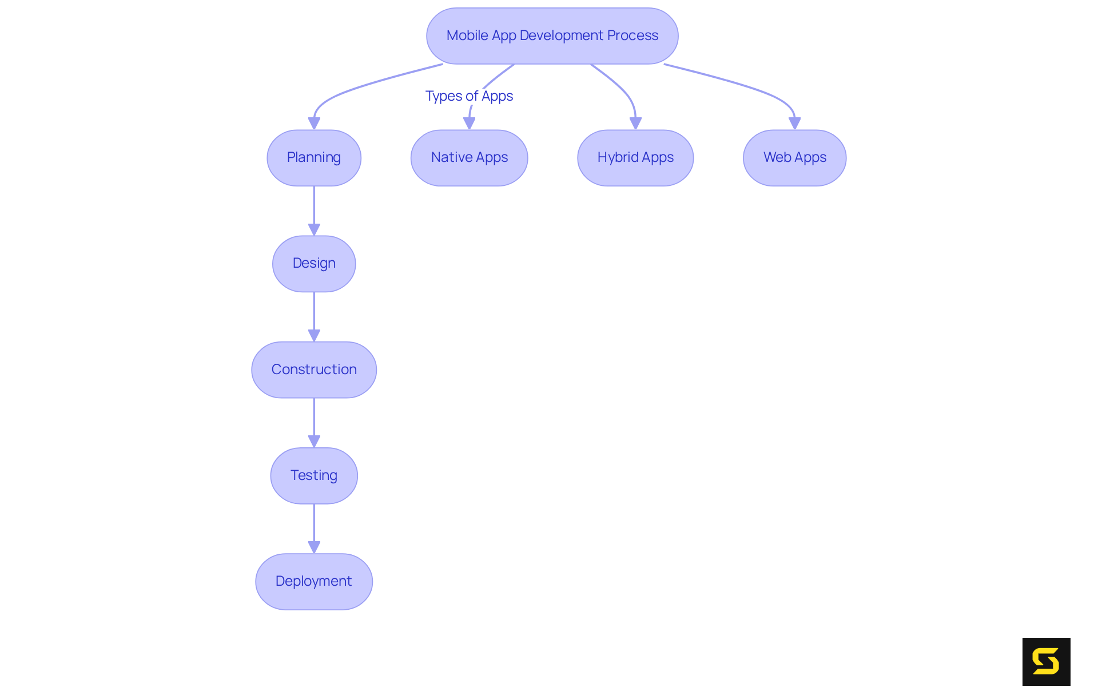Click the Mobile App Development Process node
point(552,35)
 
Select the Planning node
point(313,157)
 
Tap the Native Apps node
point(469,157)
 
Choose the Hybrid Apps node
point(635,157)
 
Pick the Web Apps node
point(794,157)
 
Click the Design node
point(313,263)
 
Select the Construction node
point(313,370)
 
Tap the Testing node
point(313,475)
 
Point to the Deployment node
point(313,581)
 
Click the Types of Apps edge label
point(469,96)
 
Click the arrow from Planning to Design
point(313,209)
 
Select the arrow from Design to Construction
point(313,315)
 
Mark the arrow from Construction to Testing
point(313,421)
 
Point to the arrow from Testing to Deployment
point(313,527)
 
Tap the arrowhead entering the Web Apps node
point(794,123)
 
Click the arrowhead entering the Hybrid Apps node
point(635,123)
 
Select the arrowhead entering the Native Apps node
point(469,123)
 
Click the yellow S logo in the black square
point(1046,661)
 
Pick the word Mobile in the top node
point(467,35)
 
